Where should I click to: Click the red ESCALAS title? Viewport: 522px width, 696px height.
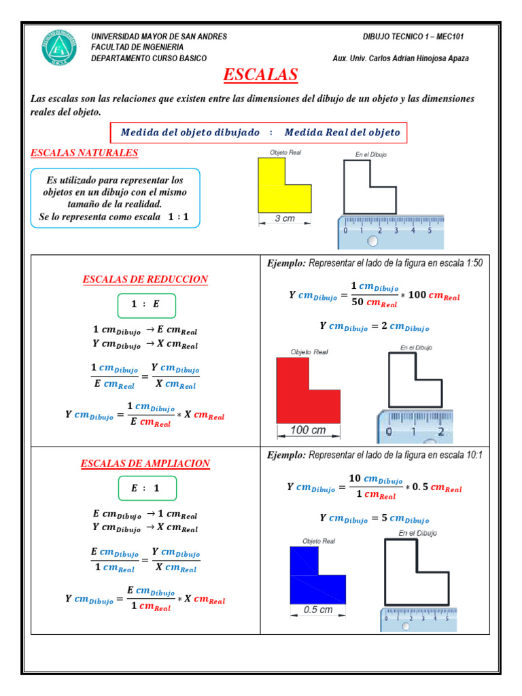click(x=260, y=74)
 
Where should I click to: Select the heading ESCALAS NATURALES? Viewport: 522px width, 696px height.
click(x=84, y=153)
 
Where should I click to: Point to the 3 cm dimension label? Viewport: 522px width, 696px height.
click(x=284, y=219)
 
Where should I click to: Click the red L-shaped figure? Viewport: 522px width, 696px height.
click(x=300, y=398)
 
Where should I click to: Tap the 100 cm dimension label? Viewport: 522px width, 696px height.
click(x=308, y=430)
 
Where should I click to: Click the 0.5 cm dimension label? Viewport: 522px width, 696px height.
click(x=317, y=610)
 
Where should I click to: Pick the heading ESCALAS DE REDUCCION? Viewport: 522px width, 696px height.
click(x=145, y=279)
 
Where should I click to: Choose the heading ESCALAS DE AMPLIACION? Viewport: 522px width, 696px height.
click(x=145, y=464)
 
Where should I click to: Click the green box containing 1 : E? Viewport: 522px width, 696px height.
click(x=146, y=304)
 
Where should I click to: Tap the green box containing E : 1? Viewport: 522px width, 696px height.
click(x=146, y=488)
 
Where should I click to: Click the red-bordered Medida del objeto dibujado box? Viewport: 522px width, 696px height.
click(x=258, y=133)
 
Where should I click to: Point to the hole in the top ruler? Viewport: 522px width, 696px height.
click(x=372, y=241)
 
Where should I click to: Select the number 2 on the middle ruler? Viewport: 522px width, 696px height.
click(x=440, y=432)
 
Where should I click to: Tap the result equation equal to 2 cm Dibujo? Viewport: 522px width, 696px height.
click(x=374, y=326)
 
